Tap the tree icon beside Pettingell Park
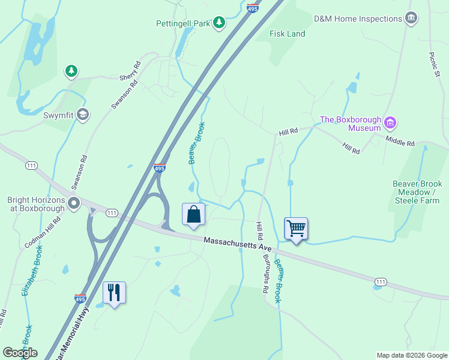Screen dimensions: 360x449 219,23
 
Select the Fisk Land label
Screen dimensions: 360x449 288,34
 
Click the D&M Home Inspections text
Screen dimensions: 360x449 358,19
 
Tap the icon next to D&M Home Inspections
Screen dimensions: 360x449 411,18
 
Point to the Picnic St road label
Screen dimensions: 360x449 435,64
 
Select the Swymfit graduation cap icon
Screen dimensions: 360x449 83,115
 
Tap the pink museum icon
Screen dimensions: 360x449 391,124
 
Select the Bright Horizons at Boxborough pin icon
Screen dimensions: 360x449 74,204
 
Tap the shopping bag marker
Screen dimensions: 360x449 193,214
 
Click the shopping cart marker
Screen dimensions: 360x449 296,229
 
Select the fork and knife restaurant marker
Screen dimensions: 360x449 114,293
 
